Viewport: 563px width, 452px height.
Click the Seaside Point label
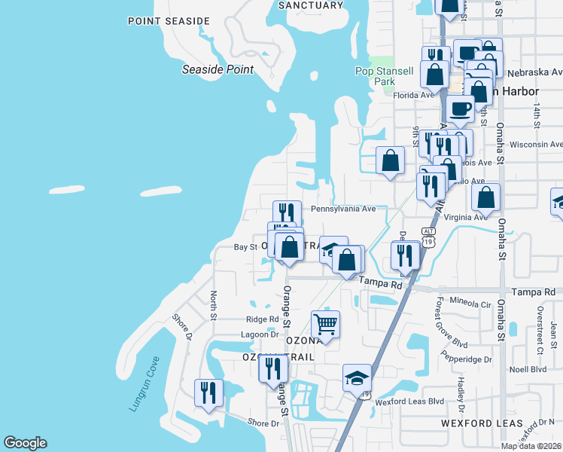click(x=218, y=69)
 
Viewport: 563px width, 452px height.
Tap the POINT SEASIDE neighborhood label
click(x=169, y=20)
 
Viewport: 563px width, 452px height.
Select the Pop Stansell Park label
click(x=385, y=76)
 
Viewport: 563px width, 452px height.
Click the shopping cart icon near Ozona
click(x=325, y=325)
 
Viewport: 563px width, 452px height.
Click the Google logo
click(x=25, y=443)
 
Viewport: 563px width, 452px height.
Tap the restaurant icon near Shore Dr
click(x=208, y=393)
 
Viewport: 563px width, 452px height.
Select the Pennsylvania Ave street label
click(x=343, y=209)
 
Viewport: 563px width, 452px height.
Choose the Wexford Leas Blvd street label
click(x=410, y=402)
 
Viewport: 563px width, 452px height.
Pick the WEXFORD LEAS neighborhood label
click(x=471, y=423)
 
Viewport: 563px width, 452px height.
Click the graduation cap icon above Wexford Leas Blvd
click(x=357, y=378)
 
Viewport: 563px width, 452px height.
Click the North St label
click(x=213, y=305)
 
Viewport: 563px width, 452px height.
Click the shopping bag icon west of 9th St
click(x=390, y=160)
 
